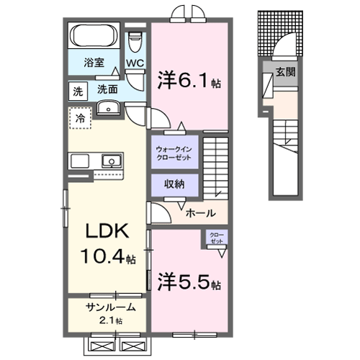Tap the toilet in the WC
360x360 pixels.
pos(135,43)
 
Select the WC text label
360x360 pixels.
pos(135,63)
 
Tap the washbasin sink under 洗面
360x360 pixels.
pos(108,109)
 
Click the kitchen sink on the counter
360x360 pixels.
pos(110,161)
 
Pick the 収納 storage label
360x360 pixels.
pos(174,184)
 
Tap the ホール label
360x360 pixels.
pos(199,213)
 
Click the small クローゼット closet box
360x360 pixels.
pos(215,238)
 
